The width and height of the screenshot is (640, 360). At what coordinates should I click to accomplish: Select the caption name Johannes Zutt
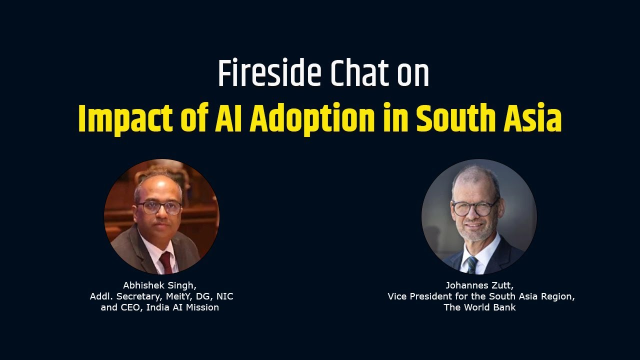pos(478,285)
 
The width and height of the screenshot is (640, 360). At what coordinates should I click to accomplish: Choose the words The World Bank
pos(479,307)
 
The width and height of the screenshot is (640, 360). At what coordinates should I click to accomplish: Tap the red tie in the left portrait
pos(165,262)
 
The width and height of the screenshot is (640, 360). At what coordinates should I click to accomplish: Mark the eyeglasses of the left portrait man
pos(159,207)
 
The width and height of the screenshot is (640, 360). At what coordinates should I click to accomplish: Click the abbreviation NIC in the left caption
pos(224,296)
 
